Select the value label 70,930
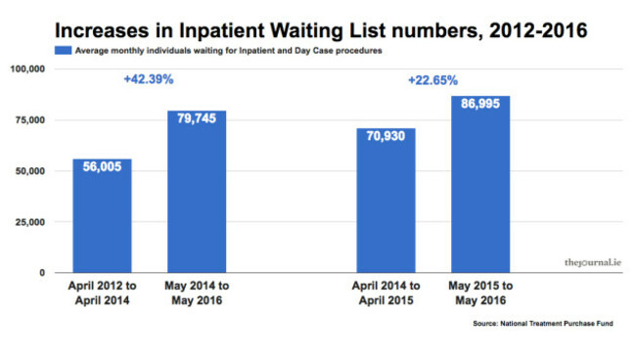point(386,140)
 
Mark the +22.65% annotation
point(432,80)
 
